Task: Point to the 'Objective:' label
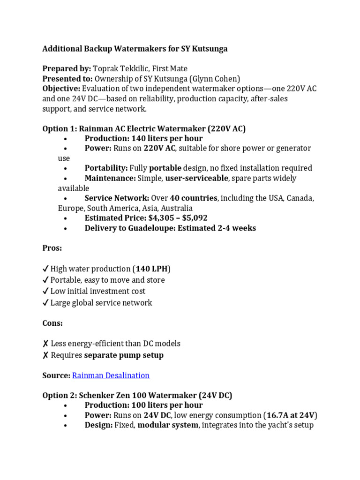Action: [61, 89]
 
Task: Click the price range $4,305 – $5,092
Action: [178, 218]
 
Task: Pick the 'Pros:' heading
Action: [52, 247]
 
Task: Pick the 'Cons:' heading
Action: [52, 323]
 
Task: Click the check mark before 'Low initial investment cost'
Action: [45, 292]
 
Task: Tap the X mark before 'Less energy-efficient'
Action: [45, 344]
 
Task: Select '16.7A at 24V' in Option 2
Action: [290, 415]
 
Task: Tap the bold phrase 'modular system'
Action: [168, 426]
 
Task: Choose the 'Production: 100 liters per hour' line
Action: [143, 405]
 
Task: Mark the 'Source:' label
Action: [56, 375]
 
